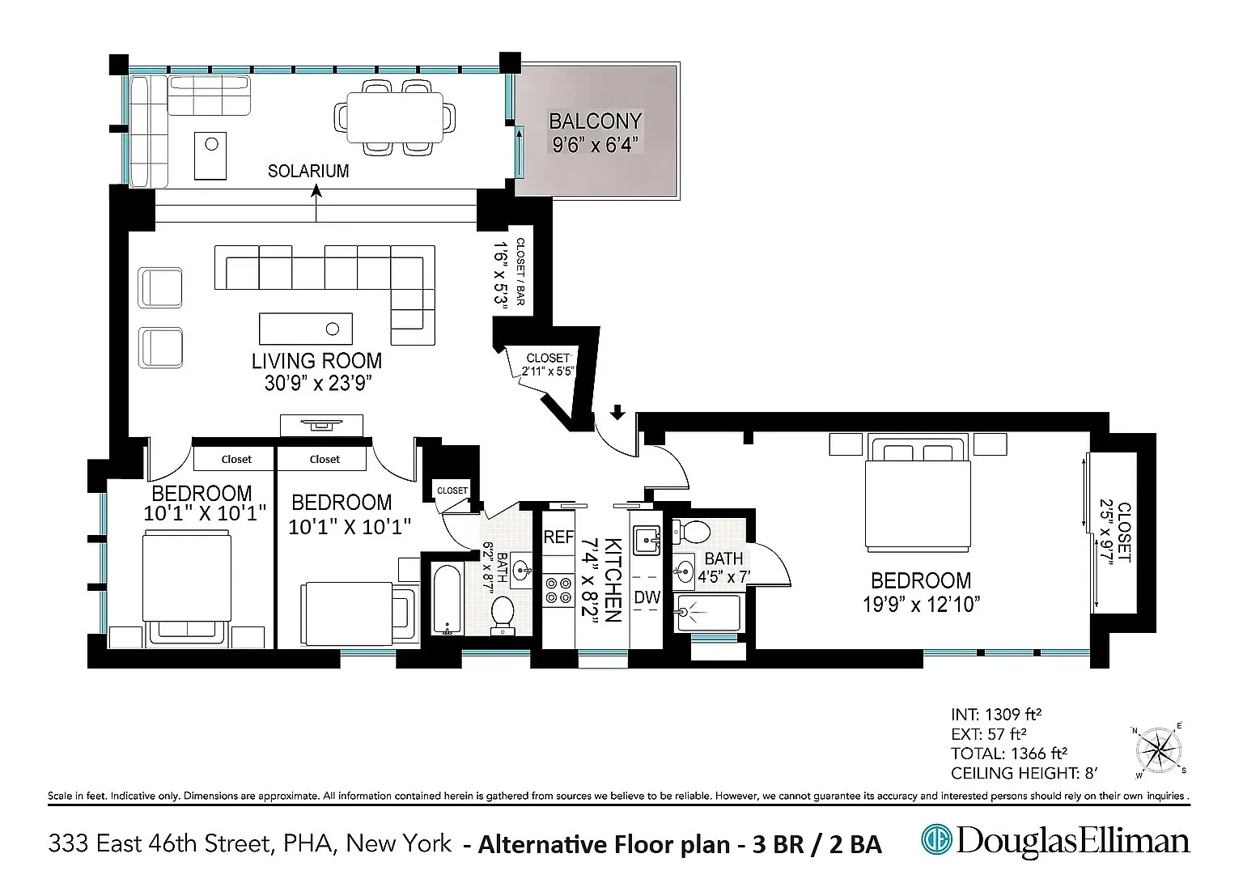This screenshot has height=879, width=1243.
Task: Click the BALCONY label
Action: (x=595, y=121)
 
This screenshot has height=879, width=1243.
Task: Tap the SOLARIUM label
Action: (x=308, y=171)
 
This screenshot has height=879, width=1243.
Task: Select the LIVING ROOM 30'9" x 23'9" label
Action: (x=317, y=372)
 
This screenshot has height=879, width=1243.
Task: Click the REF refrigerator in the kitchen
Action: (x=558, y=537)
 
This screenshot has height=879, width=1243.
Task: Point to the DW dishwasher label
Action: (x=647, y=597)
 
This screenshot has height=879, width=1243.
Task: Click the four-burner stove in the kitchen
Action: (x=558, y=590)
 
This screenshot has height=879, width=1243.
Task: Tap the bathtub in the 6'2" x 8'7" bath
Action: (x=447, y=599)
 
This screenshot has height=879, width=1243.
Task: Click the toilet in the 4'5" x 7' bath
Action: (x=691, y=532)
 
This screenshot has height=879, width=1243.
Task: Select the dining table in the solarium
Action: (x=395, y=117)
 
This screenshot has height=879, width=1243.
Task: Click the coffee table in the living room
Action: (x=306, y=329)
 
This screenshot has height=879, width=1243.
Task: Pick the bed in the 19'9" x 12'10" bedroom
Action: (x=918, y=493)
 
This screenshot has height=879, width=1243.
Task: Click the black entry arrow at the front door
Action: (x=617, y=412)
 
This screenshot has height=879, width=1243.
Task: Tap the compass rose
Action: (x=1159, y=750)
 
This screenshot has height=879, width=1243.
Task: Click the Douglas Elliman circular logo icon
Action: (x=936, y=839)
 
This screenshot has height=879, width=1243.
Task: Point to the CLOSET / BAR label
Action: (x=520, y=271)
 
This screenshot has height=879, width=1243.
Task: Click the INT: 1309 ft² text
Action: (x=997, y=714)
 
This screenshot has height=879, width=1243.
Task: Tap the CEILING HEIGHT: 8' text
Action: (x=1025, y=773)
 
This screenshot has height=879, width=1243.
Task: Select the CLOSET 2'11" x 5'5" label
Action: (x=548, y=364)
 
